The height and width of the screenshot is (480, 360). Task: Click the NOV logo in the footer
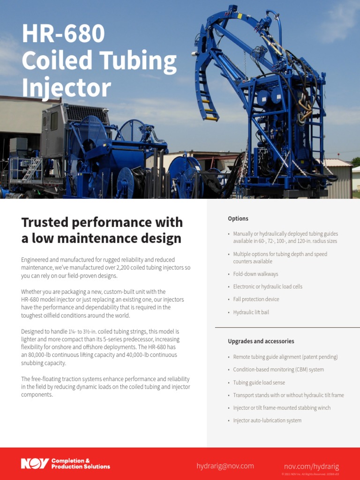click(x=35, y=464)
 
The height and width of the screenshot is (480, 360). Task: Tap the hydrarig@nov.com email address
click(x=225, y=465)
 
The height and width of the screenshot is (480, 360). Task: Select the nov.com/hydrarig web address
click(x=311, y=466)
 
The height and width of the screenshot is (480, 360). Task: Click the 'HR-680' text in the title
click(x=63, y=35)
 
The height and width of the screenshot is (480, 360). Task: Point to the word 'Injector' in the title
click(x=66, y=88)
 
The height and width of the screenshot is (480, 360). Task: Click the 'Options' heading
click(x=238, y=218)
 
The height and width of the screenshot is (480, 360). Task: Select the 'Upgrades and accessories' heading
click(x=261, y=341)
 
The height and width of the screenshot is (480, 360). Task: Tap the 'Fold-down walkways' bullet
click(x=255, y=274)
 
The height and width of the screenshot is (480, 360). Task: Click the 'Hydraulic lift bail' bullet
click(x=251, y=312)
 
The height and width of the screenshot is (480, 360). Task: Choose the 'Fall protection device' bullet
click(x=256, y=299)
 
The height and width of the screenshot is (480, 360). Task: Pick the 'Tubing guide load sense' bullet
click(x=259, y=382)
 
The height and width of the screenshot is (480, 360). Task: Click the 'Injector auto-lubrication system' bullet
click(x=267, y=420)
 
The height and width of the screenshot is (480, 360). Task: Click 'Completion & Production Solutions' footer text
click(x=81, y=464)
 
